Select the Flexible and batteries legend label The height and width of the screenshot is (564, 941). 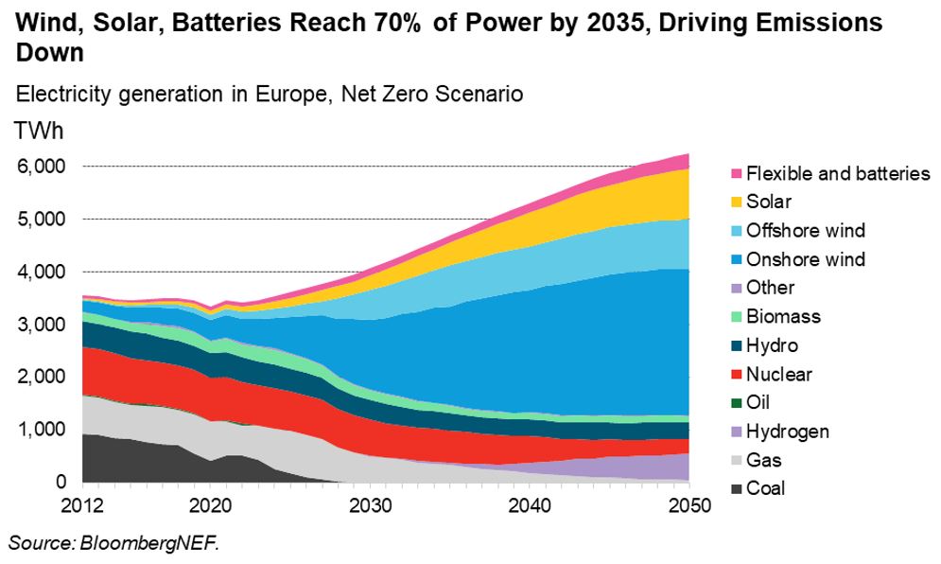[838, 173]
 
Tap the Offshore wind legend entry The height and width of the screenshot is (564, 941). [805, 230]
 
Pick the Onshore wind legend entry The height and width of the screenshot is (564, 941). [805, 259]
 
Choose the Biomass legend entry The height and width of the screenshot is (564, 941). [783, 316]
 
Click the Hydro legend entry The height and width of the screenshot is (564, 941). [772, 345]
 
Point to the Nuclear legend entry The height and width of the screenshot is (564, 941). [778, 374]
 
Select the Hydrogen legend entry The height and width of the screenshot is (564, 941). [787, 432]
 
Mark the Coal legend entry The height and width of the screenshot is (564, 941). [765, 488]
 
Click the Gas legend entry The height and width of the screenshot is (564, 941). [762, 460]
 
